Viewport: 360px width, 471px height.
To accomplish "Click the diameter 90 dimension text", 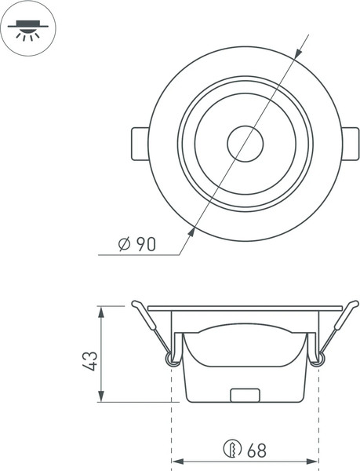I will click(138, 244).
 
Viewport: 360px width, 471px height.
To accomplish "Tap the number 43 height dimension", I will click(91, 361).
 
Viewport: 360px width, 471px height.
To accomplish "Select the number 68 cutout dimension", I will click(256, 451).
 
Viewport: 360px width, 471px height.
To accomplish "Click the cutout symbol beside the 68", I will click(232, 451).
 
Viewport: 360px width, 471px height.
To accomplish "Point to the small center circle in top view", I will click(245, 144).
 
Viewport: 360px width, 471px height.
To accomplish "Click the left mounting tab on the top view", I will click(138, 144).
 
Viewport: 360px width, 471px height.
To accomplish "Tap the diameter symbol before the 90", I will click(124, 244).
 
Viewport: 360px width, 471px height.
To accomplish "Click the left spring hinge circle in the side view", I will click(171, 359).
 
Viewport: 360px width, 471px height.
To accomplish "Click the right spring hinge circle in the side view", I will click(317, 359).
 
